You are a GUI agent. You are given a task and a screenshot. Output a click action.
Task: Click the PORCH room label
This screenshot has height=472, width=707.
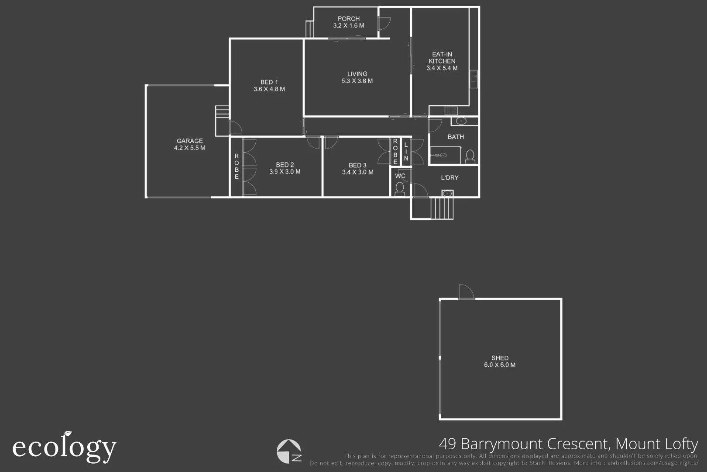pyautogui.click(x=348, y=19)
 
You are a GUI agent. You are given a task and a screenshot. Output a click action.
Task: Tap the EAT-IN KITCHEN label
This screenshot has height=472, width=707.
pyautogui.click(x=442, y=58)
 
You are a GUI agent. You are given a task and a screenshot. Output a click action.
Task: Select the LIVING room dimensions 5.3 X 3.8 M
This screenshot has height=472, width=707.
pyautogui.click(x=357, y=81)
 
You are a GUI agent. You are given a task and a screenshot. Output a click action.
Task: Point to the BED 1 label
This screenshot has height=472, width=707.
pyautogui.click(x=269, y=82)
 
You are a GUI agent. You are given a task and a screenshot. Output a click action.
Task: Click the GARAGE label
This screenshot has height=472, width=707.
pyautogui.click(x=189, y=141)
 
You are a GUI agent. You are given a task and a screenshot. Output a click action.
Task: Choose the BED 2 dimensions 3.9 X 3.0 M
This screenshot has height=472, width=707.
pyautogui.click(x=285, y=172)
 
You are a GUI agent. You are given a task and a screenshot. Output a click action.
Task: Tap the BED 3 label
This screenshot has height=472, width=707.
pyautogui.click(x=357, y=165)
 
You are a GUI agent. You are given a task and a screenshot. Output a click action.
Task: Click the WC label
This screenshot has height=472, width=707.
pyautogui.click(x=400, y=176)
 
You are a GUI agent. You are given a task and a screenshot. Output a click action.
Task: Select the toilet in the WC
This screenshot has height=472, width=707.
pyautogui.click(x=399, y=189)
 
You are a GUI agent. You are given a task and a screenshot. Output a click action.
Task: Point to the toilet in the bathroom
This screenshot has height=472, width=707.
pyautogui.click(x=470, y=156)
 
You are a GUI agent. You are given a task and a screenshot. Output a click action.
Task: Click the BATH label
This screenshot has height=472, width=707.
pyautogui.click(x=456, y=137)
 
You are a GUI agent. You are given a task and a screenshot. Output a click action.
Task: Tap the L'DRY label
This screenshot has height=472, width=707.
pyautogui.click(x=450, y=177)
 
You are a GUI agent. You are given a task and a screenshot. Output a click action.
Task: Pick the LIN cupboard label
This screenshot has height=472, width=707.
pyautogui.click(x=406, y=151)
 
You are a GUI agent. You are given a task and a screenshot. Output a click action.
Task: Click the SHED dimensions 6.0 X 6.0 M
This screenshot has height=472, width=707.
pyautogui.click(x=500, y=365)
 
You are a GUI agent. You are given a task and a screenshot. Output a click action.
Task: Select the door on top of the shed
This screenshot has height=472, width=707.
pyautogui.click(x=466, y=292)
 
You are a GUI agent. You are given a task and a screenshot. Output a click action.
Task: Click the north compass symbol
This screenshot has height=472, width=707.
pyautogui.click(x=289, y=451)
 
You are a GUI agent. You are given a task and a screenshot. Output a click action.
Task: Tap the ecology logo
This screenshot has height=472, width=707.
pyautogui.click(x=64, y=447)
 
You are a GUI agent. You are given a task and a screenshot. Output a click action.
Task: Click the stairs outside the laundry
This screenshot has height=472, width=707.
pyautogui.click(x=442, y=208)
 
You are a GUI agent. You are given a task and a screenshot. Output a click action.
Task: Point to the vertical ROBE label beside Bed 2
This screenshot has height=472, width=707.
pyautogui.click(x=237, y=166)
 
